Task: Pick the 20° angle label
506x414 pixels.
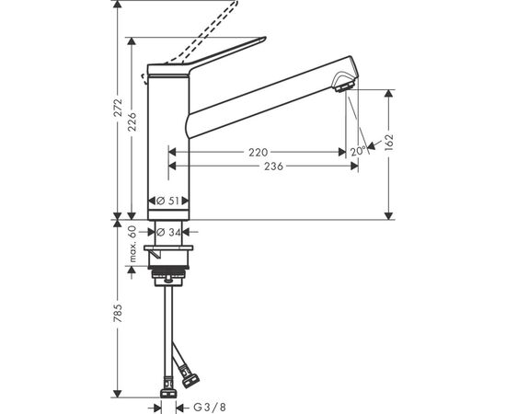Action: coord(355,152)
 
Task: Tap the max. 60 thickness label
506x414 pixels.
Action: coord(132,246)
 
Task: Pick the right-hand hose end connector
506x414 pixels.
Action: coord(193,377)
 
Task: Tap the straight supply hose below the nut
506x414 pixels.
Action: coord(170,322)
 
